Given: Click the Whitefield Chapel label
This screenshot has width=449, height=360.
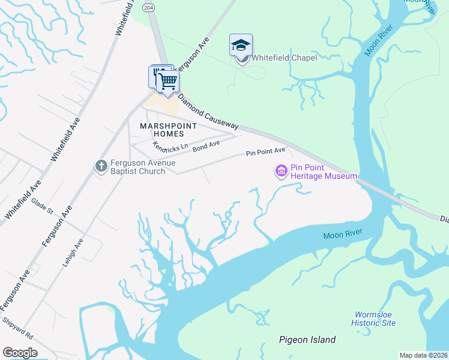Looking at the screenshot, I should pyautogui.click(x=283, y=58).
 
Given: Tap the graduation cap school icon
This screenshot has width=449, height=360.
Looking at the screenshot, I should pyautogui.click(x=241, y=45).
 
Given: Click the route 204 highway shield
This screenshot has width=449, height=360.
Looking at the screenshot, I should pyautogui.click(x=148, y=7).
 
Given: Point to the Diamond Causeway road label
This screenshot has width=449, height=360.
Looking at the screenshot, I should pyautogui.click(x=208, y=112).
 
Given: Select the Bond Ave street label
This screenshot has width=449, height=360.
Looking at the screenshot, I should pyautogui.click(x=206, y=145).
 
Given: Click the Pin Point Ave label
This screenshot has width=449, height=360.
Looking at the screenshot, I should pyautogui.click(x=265, y=152).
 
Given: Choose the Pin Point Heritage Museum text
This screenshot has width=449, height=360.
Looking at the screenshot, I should pyautogui.click(x=324, y=172).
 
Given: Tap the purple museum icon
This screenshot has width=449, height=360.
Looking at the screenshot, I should pyautogui.click(x=280, y=172).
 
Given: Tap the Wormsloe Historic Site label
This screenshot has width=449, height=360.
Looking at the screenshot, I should pyautogui.click(x=375, y=318).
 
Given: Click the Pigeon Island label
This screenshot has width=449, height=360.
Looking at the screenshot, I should pyautogui.click(x=307, y=340).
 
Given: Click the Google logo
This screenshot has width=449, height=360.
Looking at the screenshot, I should pyautogui.click(x=20, y=353).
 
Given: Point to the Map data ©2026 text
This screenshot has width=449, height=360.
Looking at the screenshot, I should pyautogui.click(x=424, y=355).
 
